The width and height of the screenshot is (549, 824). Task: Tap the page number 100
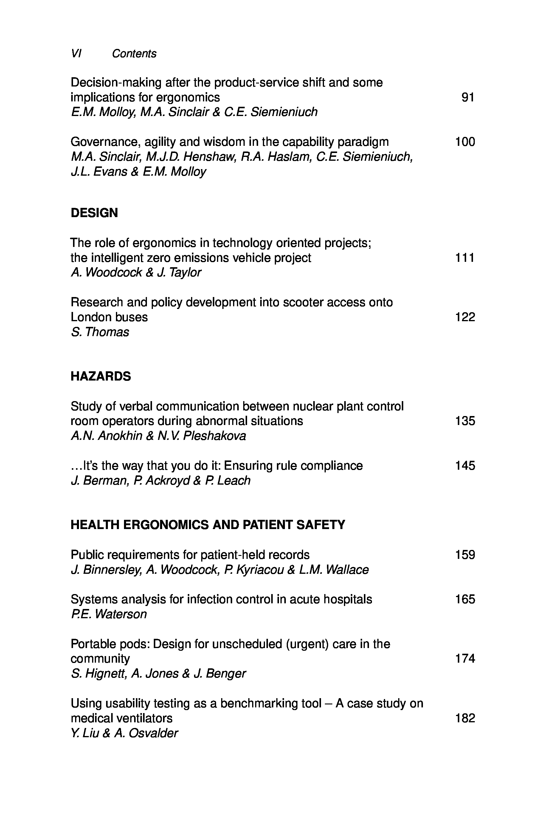pos(465,142)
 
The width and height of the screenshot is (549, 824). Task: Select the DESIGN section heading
pos(94,213)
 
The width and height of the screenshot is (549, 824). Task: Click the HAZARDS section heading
pos(101,376)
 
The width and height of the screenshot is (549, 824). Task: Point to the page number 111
pos(465,258)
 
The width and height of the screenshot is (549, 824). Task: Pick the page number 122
pos(465,317)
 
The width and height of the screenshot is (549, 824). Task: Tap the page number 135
pos(465,421)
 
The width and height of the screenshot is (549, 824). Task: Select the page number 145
pos(465,466)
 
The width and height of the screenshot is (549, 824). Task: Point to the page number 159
pos(465,555)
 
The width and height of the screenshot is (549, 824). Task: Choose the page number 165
pos(465,599)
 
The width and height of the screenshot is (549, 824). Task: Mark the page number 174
pos(465,659)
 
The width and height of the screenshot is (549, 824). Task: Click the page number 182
pos(465,718)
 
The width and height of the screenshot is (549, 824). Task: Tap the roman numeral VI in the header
pos(76,54)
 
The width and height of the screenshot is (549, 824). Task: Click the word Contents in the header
pos(134,54)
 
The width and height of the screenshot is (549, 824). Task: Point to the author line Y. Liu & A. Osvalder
pos(124,733)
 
